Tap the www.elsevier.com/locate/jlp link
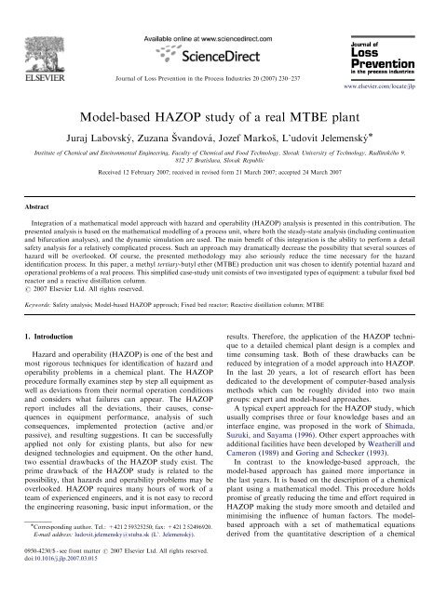coord(380,72)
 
